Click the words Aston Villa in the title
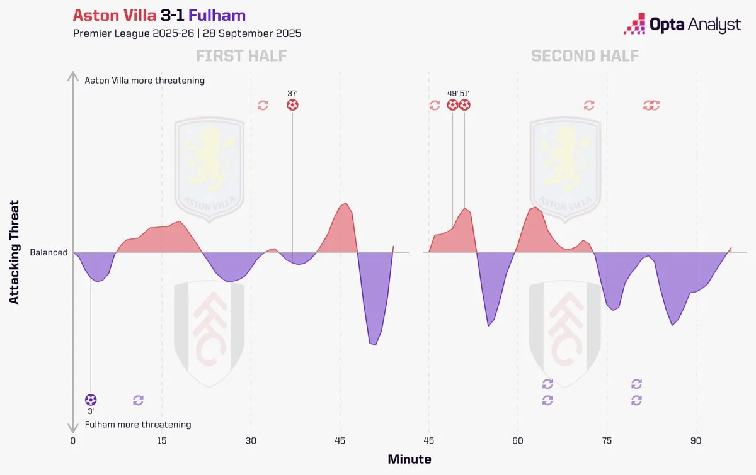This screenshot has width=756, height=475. point(114,16)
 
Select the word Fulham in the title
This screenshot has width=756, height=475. point(217,16)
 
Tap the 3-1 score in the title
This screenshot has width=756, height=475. point(172,16)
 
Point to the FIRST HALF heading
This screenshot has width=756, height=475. point(241,56)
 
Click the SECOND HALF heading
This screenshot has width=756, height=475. point(585,56)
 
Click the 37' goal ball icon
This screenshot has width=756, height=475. point(292,105)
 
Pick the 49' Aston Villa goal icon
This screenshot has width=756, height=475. point(453,105)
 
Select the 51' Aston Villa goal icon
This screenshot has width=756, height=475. point(464,105)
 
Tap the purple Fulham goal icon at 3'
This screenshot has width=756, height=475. point(91,400)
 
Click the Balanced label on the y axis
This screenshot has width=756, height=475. point(49,252)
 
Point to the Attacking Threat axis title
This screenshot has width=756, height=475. point(14,252)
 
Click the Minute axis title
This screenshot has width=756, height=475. point(409,459)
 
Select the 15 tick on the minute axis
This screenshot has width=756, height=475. point(162,440)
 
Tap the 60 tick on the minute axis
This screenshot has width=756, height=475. point(518,440)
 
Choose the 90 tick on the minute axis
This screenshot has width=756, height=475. point(696,440)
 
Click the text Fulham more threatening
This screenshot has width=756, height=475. point(138,425)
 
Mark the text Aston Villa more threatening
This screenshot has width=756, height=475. point(144,81)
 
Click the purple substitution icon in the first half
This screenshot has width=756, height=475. point(139,400)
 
